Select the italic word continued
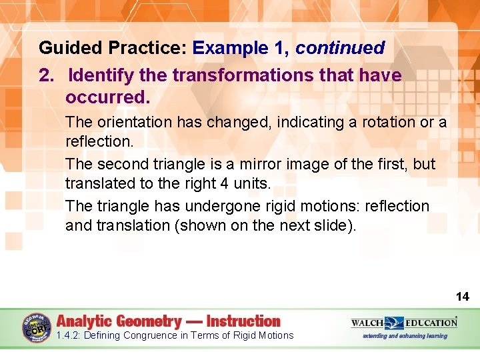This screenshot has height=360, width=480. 340,48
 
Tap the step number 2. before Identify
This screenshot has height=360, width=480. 47,75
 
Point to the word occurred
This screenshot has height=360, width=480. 108,97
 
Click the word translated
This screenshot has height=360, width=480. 94,183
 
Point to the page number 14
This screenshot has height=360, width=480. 462,297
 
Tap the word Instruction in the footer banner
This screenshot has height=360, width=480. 243,321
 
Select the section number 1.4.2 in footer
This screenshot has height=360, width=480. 69,335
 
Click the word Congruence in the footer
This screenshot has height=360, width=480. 153,335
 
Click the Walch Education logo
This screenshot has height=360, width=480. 404,323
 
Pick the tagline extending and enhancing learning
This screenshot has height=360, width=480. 405,336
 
